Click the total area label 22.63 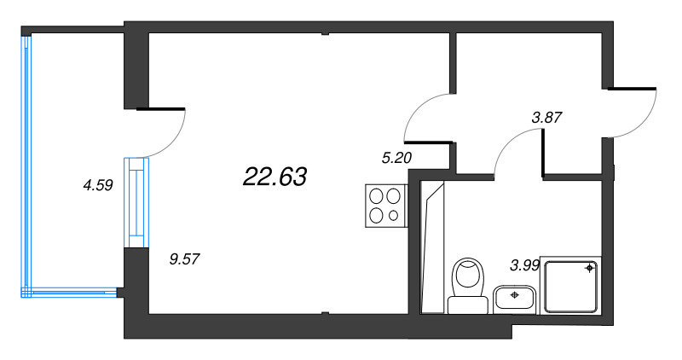[x=275, y=177]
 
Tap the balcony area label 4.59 [x=98, y=183]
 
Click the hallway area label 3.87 [x=549, y=119]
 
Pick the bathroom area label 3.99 [x=524, y=265]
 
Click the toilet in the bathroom [x=467, y=278]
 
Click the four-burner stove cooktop [x=384, y=205]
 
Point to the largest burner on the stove [x=376, y=195]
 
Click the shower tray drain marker [x=589, y=268]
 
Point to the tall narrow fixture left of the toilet [x=434, y=247]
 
